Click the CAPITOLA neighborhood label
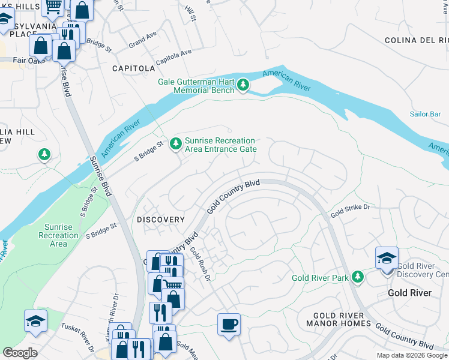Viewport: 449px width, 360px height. coord(133,68)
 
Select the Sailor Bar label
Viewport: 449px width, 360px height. coord(426,114)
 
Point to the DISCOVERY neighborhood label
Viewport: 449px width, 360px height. coord(160,220)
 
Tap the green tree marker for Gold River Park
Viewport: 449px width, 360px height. coord(358,277)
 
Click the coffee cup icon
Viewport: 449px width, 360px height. coord(229,325)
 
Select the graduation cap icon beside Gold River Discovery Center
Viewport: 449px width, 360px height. coord(387,259)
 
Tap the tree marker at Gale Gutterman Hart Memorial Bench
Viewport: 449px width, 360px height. coord(243,86)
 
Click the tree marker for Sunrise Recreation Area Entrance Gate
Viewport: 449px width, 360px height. coord(175,143)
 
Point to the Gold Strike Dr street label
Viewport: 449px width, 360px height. coord(350,210)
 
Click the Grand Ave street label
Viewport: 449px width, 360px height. coord(142,41)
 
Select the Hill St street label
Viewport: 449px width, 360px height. coord(191,13)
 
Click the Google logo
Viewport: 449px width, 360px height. coord(20,352)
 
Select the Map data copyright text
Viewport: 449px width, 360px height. coord(411,355)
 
